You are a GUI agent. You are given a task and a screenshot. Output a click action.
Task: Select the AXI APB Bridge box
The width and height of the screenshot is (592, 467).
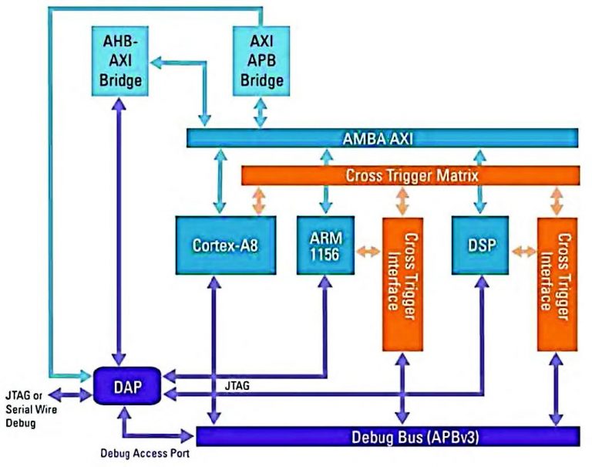click(261, 59)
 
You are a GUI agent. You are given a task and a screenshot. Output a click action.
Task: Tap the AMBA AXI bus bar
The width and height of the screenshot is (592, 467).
click(383, 138)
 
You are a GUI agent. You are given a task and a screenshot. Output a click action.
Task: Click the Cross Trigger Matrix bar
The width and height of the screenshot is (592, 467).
click(411, 175)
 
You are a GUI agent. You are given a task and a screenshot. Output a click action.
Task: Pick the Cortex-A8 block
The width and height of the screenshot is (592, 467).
click(216, 245)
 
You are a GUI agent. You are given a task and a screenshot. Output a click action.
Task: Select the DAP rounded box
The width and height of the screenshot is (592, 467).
click(126, 384)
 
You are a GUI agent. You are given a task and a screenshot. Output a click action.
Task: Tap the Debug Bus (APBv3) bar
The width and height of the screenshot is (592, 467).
click(388, 436)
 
